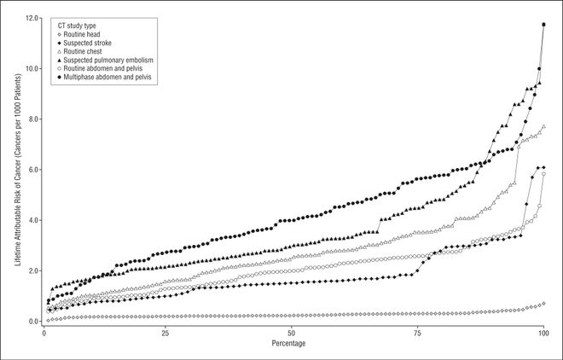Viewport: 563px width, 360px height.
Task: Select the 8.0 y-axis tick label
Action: tap(32, 119)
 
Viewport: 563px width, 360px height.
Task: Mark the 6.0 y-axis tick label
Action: tap(32, 170)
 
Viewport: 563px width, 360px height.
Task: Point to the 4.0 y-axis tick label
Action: tap(32, 220)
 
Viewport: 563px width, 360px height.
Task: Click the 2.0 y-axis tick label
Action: tap(32, 270)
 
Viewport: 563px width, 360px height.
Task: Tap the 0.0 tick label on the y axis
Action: tap(32, 322)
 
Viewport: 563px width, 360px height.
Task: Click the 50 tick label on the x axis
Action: tap(293, 334)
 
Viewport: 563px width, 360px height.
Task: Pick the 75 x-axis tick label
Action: tap(418, 334)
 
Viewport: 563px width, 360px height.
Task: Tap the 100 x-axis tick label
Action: tap(543, 334)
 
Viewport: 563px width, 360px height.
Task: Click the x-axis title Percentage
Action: tap(293, 344)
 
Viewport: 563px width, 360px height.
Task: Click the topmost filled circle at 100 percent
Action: tap(543, 25)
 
